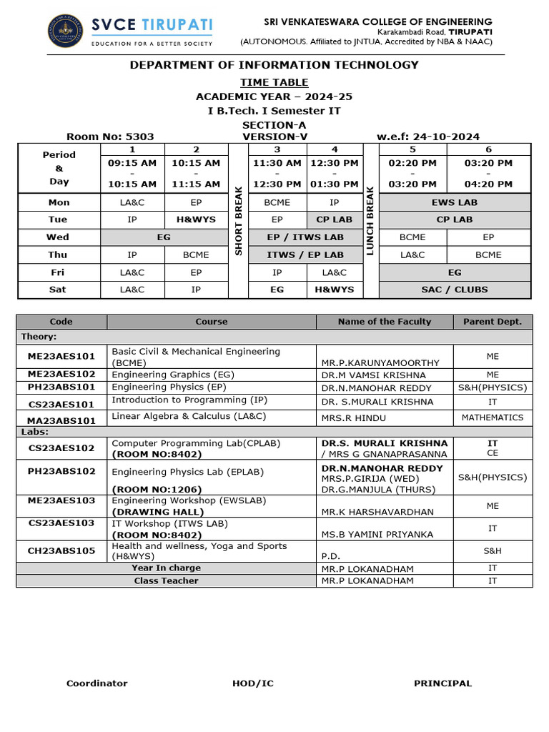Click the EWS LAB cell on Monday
point(455,202)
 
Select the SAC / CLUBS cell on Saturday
point(455,290)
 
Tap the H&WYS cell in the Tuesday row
point(196,219)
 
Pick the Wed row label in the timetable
point(59,237)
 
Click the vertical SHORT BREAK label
point(238,220)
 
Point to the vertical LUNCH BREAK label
point(370,220)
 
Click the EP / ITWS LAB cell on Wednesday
point(305,237)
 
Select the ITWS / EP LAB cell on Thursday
point(305,254)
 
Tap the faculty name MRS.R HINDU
point(354,417)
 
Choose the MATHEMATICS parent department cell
point(493,417)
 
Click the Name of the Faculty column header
point(385,322)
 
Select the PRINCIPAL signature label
point(442,683)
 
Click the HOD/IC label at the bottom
point(252,683)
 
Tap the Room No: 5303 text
point(110,137)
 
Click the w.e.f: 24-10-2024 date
point(418,137)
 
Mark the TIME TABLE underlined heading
point(274,83)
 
